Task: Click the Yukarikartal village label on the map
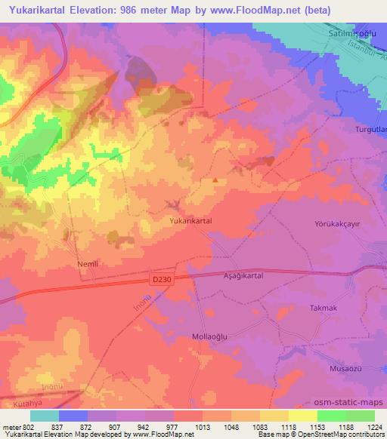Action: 190,220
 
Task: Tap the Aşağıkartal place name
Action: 243,277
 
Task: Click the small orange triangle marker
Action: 215,180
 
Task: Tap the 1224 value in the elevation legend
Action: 374,427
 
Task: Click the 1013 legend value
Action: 202,427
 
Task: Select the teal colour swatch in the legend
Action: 45,416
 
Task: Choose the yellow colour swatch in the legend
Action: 303,416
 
